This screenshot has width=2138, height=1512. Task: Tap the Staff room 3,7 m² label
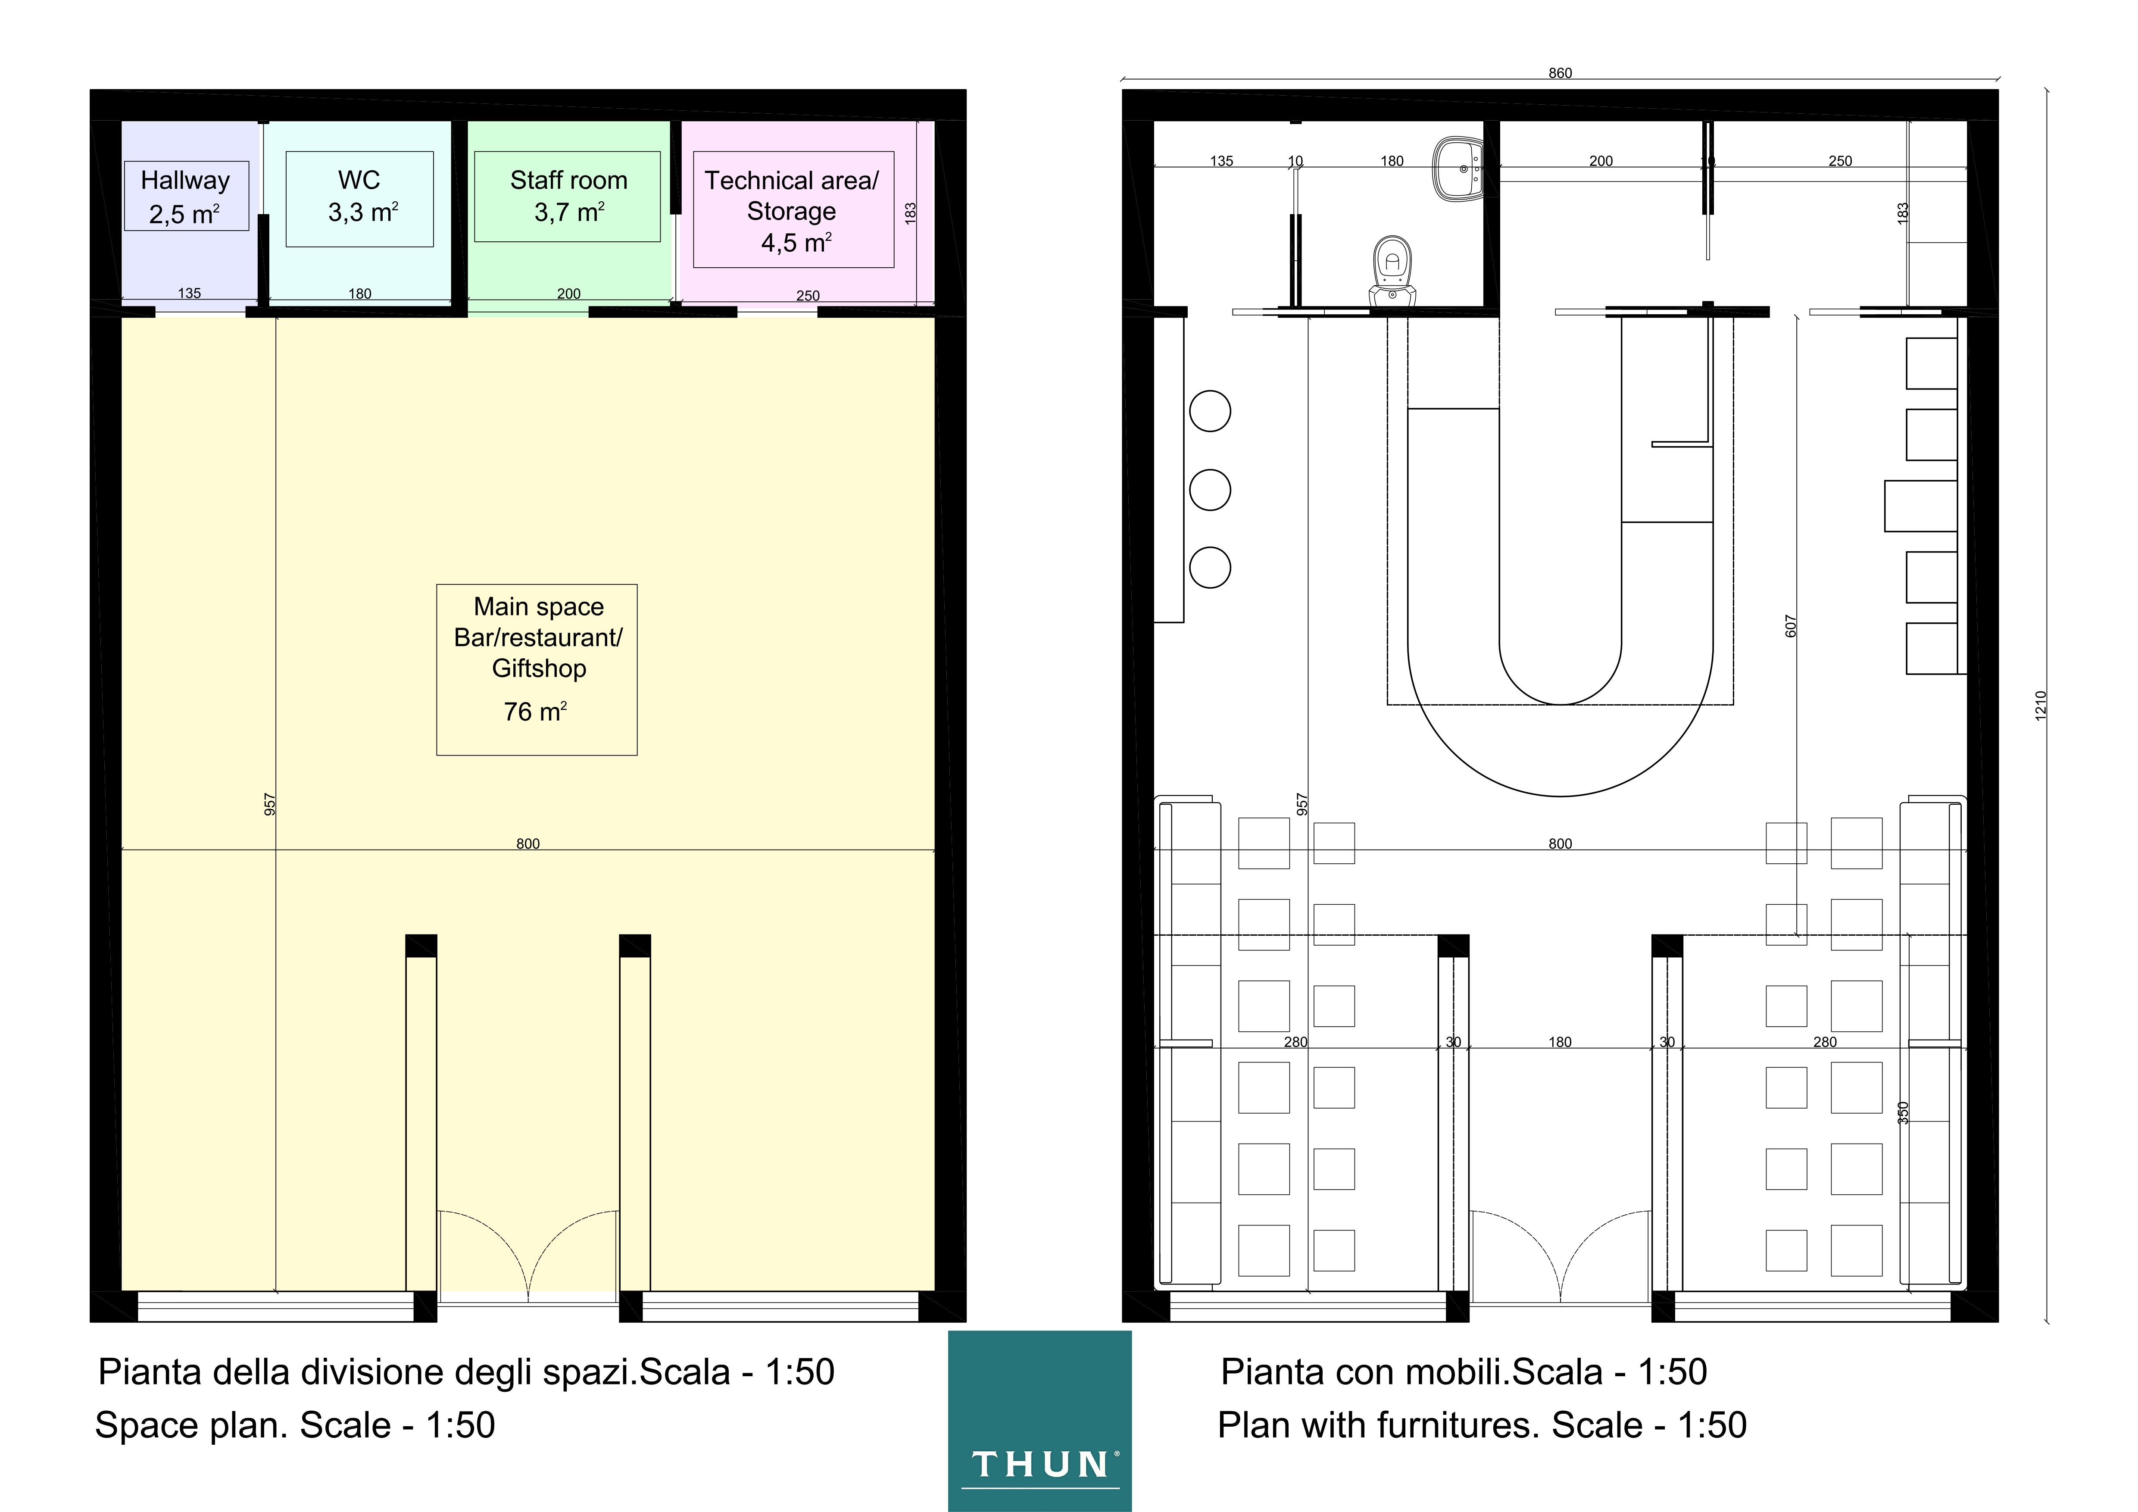tap(568, 197)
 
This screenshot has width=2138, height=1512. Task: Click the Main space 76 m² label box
tap(537, 669)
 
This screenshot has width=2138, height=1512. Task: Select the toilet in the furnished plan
tap(1392, 270)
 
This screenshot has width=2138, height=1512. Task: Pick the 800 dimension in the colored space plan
tap(528, 843)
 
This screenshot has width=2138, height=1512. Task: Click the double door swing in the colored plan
tap(528, 1252)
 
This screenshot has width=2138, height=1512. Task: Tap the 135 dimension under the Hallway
tap(189, 293)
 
